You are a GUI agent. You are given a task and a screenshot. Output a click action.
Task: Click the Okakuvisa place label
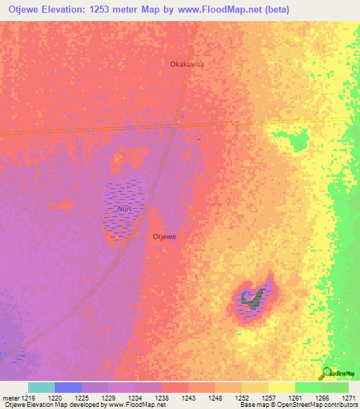click(187, 64)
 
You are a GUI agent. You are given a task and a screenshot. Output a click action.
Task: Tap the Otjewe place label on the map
click(165, 237)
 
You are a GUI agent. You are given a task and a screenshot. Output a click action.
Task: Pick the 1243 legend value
click(189, 397)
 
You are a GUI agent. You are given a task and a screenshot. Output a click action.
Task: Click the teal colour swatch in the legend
click(41, 387)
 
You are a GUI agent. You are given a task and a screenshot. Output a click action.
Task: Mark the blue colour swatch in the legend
click(68, 387)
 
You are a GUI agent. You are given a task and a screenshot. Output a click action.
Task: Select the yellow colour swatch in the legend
click(281, 387)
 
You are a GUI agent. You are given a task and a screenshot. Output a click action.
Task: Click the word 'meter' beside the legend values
click(11, 397)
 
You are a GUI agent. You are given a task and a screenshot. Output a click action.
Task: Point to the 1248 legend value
click(216, 397)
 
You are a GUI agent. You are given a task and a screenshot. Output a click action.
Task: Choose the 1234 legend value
click(136, 397)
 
